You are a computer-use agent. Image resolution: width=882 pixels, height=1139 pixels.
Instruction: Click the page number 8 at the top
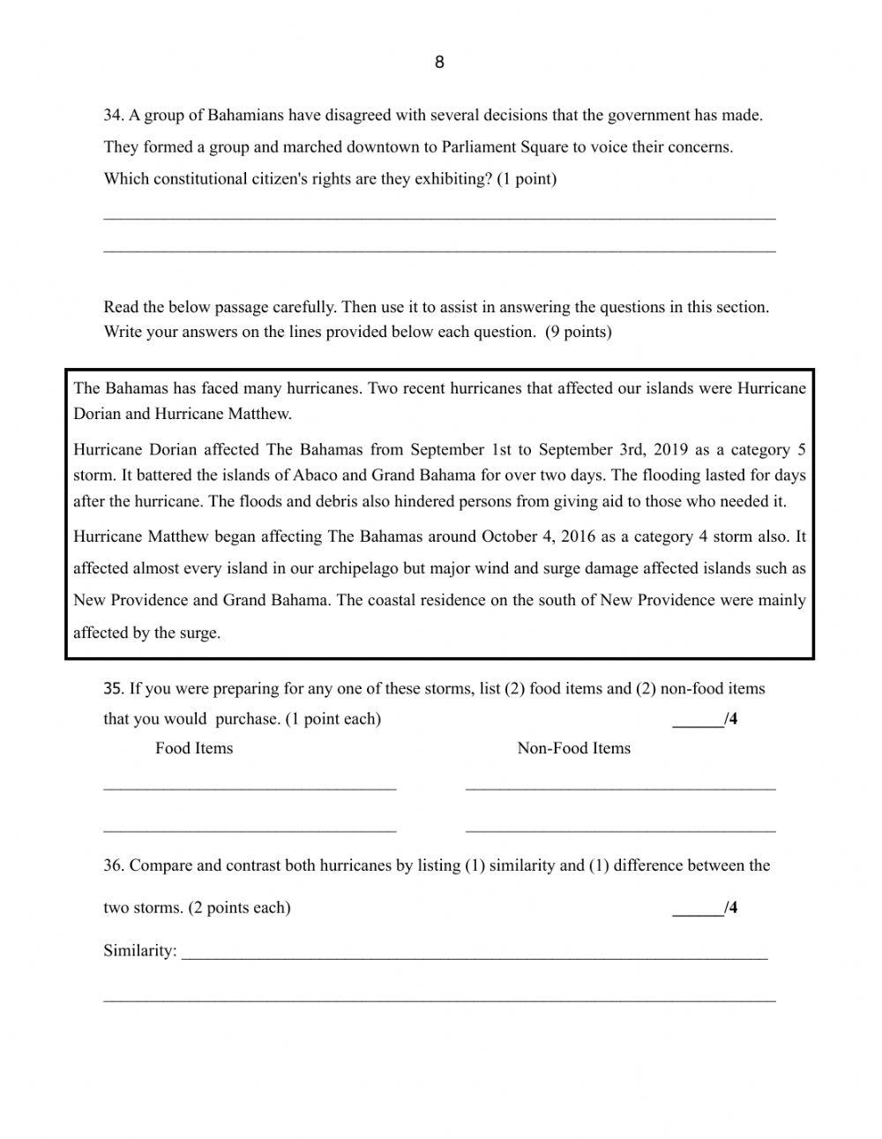click(439, 62)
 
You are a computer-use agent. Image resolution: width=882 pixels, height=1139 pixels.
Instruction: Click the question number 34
click(113, 115)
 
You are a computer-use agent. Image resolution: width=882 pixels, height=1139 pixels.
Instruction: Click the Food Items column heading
click(194, 748)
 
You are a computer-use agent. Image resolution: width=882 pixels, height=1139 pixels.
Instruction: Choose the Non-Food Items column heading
click(573, 748)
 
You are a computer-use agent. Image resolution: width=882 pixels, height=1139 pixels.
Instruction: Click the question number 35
click(113, 688)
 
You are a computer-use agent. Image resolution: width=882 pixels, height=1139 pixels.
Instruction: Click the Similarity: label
click(139, 951)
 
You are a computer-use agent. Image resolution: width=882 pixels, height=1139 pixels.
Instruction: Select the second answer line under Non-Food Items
click(620, 829)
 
